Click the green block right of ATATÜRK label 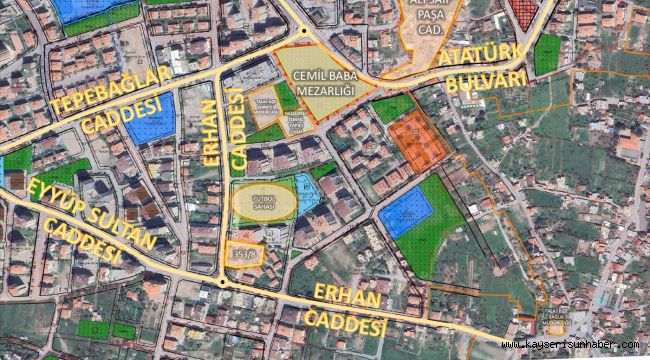click(x=547, y=55)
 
